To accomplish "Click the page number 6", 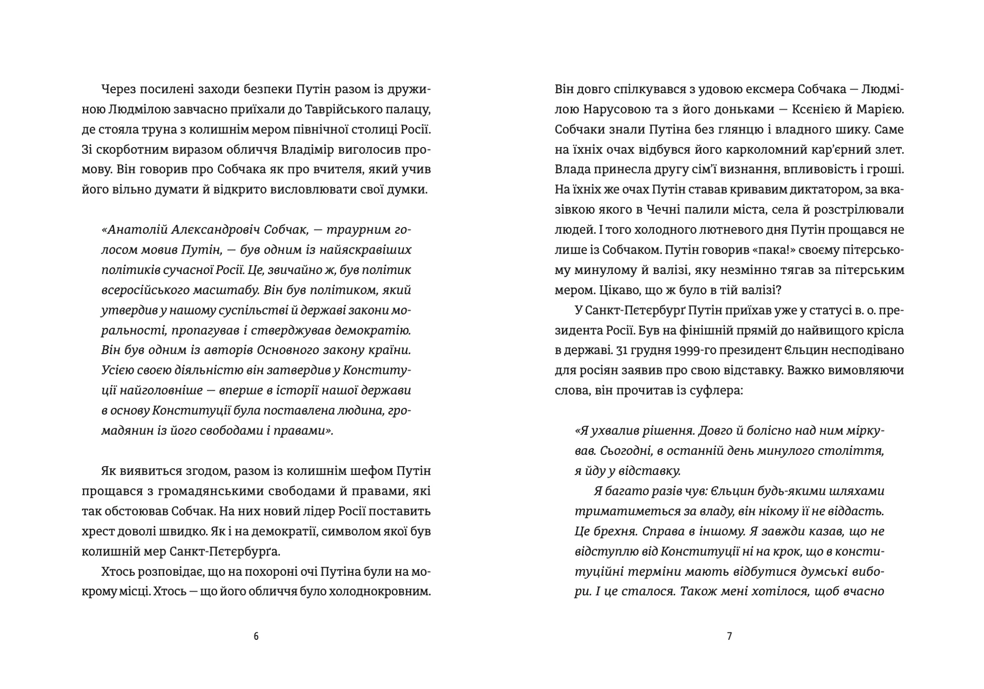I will (x=256, y=636).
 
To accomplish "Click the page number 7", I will (x=729, y=636).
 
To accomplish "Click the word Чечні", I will (x=645, y=210).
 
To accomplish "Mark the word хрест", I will (x=96, y=531).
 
